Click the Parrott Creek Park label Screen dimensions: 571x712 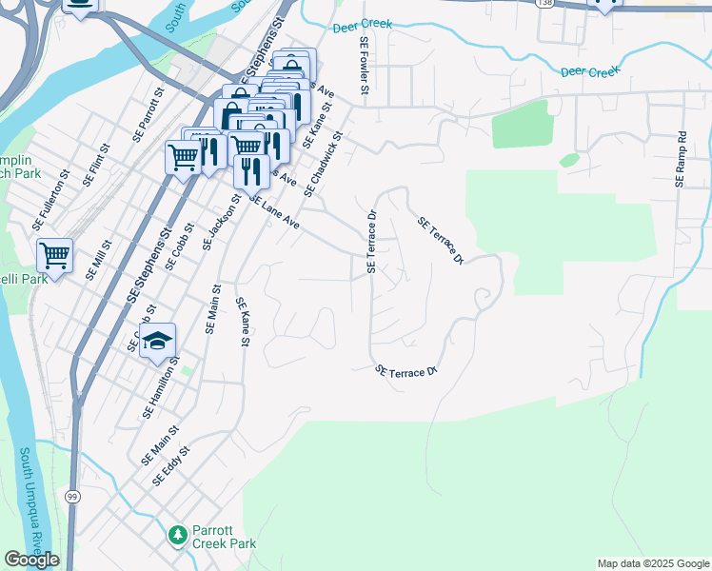pos(225,537)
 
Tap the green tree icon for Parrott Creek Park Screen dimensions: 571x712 pos(177,537)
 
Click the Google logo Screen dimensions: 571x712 pos(31,560)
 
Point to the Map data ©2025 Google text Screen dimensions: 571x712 pos(653,563)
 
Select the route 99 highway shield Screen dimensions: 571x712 pos(72,497)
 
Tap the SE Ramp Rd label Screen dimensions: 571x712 pos(681,159)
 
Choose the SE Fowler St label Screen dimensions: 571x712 pos(364,66)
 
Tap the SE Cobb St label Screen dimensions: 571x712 pos(179,247)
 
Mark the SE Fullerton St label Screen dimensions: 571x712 pos(51,195)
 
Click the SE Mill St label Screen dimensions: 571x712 pos(98,260)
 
